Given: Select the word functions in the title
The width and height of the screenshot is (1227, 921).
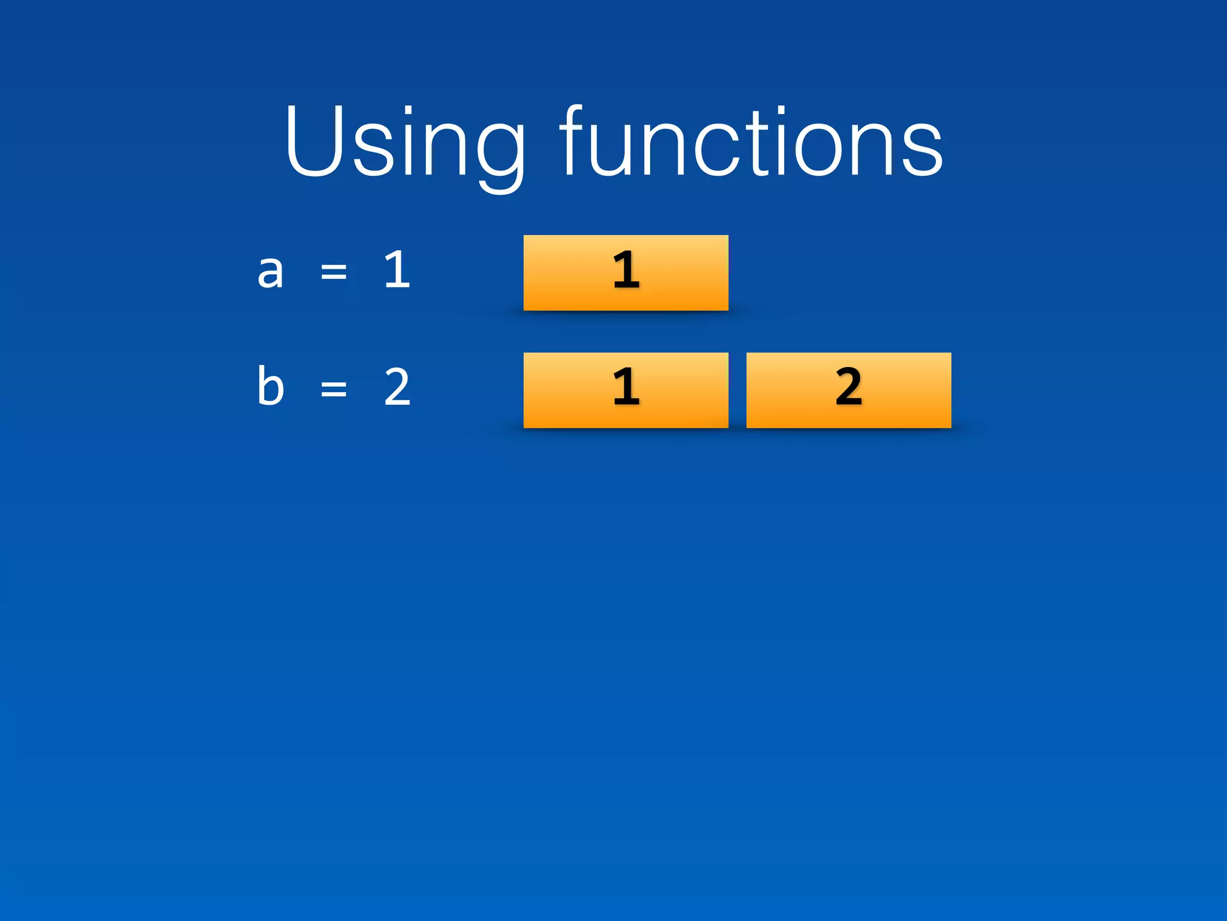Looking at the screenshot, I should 751,142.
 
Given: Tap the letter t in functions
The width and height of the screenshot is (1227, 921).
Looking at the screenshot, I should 763,144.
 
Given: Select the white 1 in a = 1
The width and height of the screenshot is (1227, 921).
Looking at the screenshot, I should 397,270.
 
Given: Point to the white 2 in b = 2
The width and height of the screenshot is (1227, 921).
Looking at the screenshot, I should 397,387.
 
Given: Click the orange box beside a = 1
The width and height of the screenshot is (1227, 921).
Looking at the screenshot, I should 625,273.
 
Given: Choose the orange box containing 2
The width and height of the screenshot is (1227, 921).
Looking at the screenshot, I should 848,390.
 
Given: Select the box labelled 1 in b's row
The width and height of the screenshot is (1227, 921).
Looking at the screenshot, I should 625,390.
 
